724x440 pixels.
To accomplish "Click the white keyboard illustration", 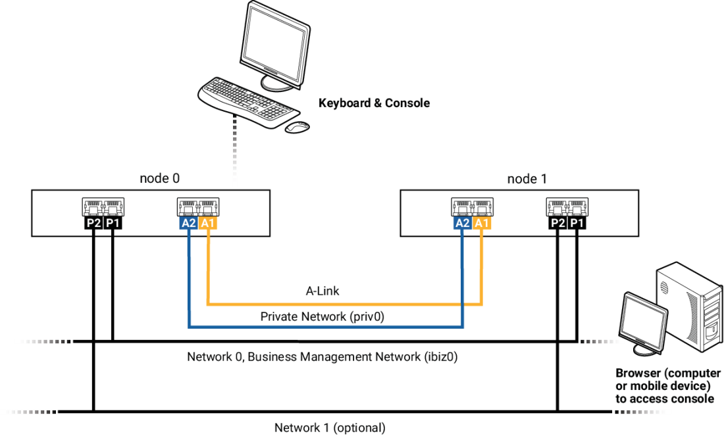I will [x=247, y=99].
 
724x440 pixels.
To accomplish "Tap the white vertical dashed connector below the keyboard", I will [x=235, y=151].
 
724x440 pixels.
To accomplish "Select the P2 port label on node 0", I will [x=94, y=223].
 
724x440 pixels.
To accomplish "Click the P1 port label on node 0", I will [x=113, y=223].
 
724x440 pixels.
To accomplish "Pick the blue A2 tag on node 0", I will [x=188, y=223].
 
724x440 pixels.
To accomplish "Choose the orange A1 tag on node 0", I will [x=208, y=223].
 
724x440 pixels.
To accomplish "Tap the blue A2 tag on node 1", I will [x=462, y=223].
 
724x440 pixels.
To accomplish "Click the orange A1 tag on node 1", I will [x=482, y=223].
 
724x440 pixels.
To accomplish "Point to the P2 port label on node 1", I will [x=558, y=223].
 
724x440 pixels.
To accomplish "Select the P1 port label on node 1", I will [x=577, y=223].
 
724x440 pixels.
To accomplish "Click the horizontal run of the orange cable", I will [x=342, y=305].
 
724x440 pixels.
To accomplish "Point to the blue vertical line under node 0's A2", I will [x=189, y=276].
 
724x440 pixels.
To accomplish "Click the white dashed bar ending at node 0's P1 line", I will [x=43, y=341].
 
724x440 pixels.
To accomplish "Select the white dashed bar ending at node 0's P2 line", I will [x=28, y=412].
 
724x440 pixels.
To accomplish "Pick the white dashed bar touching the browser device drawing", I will [x=602, y=341].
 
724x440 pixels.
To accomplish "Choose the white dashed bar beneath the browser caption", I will [x=643, y=412].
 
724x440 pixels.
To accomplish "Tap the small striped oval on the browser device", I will [x=664, y=287].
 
